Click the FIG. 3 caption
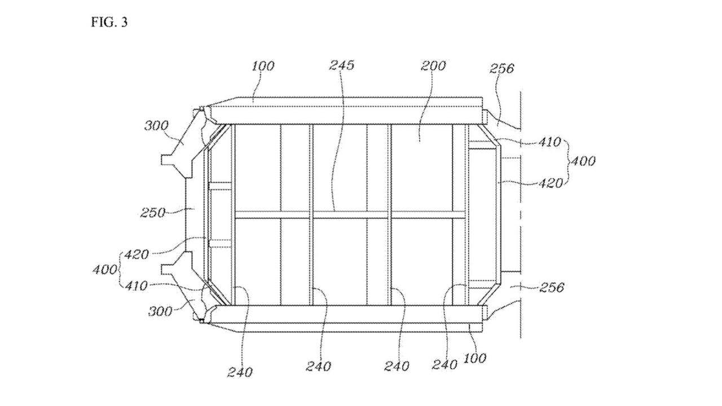tap(109, 23)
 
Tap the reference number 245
tap(341, 65)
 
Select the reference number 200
tap(433, 65)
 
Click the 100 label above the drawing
tap(262, 65)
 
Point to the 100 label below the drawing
tap(474, 358)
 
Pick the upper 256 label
tap(501, 68)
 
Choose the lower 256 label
tap(551, 288)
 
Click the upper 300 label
tap(156, 125)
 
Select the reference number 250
tap(153, 213)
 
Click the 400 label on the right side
tap(582, 161)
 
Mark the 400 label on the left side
tap(105, 270)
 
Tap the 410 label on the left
tap(135, 286)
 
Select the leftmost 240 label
tap(240, 372)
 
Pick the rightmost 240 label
tap(444, 365)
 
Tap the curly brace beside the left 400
tap(120, 270)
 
